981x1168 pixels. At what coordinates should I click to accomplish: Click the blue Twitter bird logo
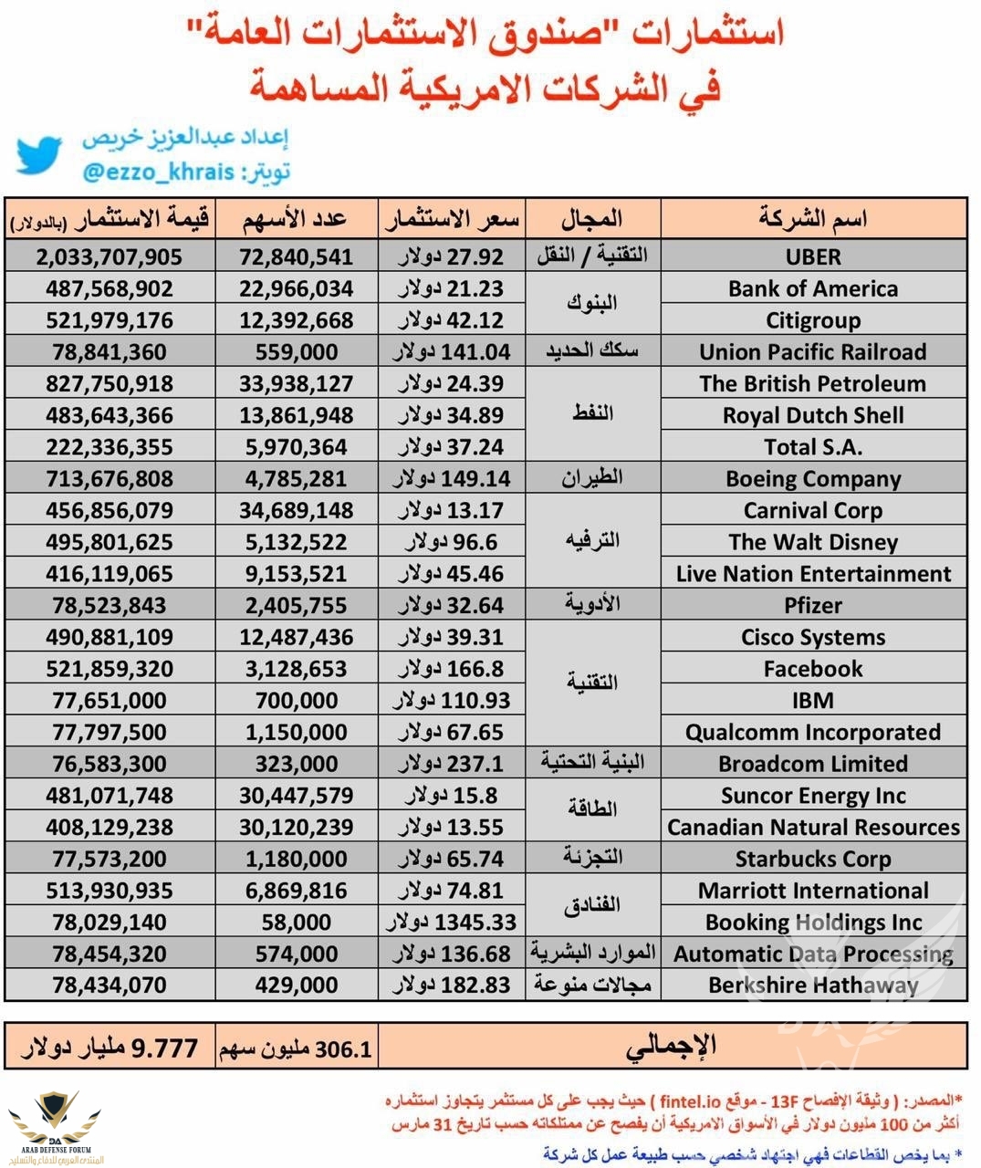click(x=38, y=155)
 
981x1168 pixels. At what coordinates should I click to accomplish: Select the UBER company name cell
click(x=813, y=256)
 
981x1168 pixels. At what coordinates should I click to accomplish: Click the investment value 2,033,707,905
click(x=110, y=257)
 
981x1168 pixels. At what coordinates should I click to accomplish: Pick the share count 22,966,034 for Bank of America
click(x=297, y=289)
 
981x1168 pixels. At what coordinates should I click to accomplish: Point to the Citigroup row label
click(x=813, y=320)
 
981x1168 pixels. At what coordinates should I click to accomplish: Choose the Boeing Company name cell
click(x=813, y=479)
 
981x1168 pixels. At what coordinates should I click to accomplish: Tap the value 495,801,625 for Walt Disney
click(x=110, y=542)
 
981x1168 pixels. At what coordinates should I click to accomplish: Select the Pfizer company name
click(x=813, y=606)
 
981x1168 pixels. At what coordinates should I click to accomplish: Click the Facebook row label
click(x=813, y=669)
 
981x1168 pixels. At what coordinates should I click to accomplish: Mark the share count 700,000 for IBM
click(x=297, y=701)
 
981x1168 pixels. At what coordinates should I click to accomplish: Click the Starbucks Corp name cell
click(x=813, y=860)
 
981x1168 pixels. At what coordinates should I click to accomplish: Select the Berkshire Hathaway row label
click(x=813, y=985)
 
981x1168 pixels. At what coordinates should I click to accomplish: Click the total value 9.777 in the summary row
click(x=164, y=1048)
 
